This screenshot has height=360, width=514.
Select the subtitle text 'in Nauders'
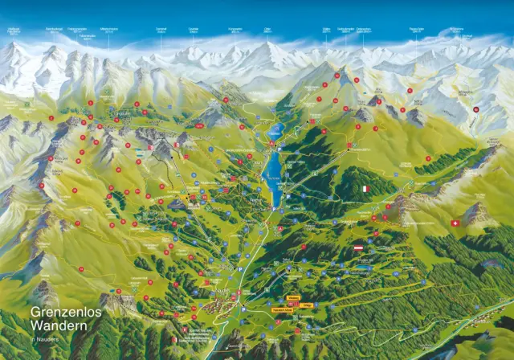(x=45, y=340)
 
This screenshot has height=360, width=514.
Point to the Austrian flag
(x=359, y=249)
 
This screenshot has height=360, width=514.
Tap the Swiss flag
(x=455, y=223)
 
